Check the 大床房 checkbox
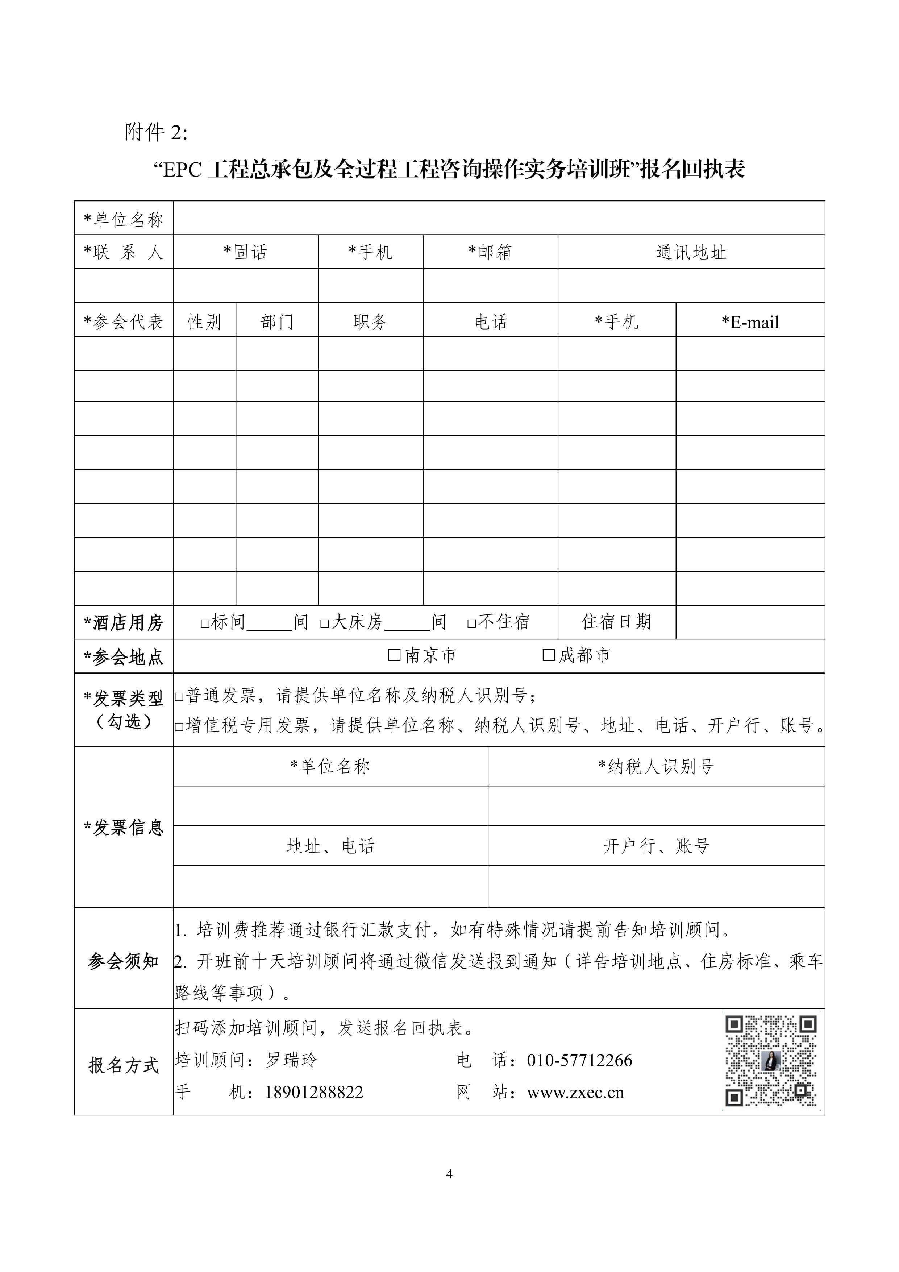tap(325, 623)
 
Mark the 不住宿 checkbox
tap(472, 623)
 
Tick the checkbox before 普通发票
tap(179, 696)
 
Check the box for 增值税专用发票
tap(179, 726)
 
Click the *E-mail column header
tap(750, 322)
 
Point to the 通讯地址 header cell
tap(691, 253)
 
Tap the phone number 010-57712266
tap(579, 1060)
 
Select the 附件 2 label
tap(156, 132)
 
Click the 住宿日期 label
tap(616, 622)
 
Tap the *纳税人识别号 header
tap(656, 767)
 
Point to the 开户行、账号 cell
tap(656, 846)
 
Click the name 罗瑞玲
tap(291, 1060)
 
